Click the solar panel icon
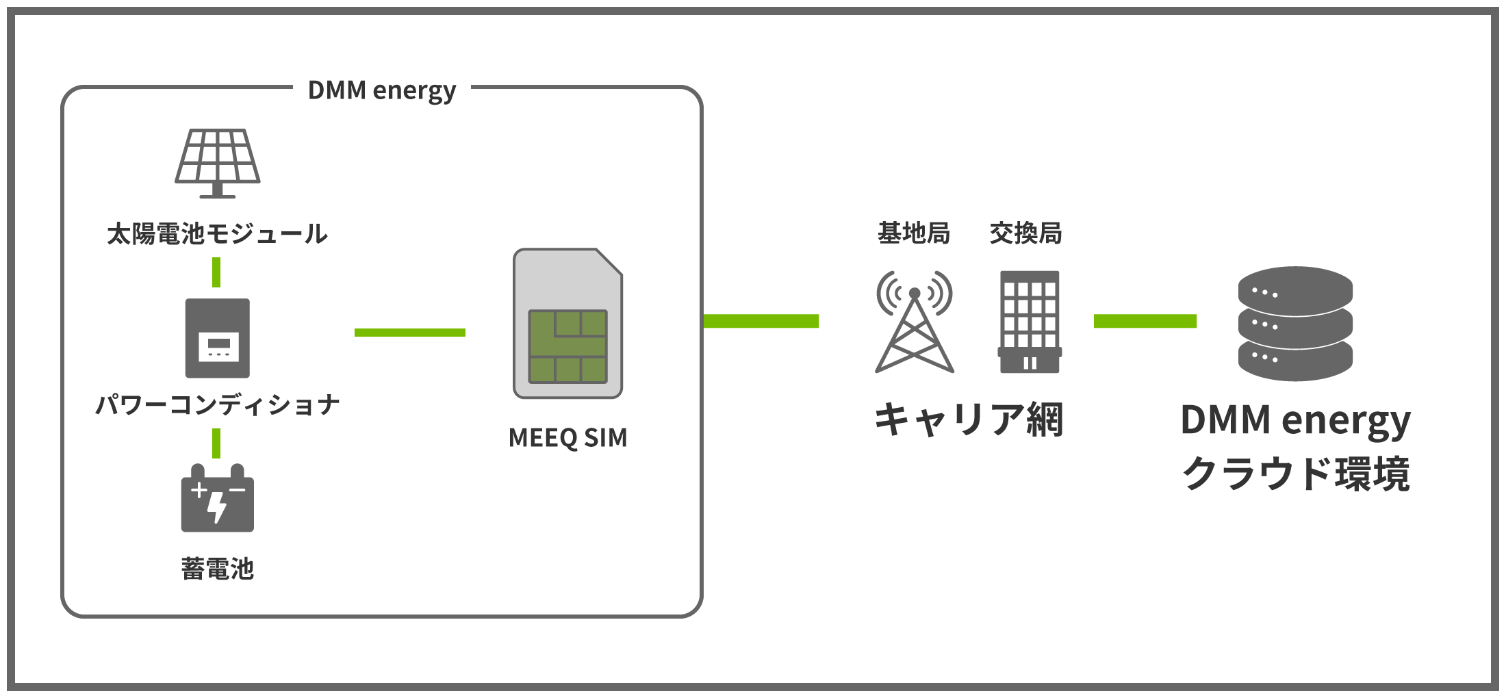pyautogui.click(x=218, y=163)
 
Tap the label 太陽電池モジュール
pyautogui.click(x=218, y=234)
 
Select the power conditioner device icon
pyautogui.click(x=218, y=338)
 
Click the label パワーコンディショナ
pyautogui.click(x=218, y=404)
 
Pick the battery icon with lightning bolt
pyautogui.click(x=218, y=499)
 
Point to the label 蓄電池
pyautogui.click(x=218, y=569)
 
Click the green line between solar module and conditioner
pyautogui.click(x=216, y=272)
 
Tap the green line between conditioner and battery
pyautogui.click(x=216, y=443)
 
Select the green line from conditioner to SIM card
pyautogui.click(x=409, y=333)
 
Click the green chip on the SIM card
pyautogui.click(x=567, y=346)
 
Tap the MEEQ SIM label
pyautogui.click(x=567, y=438)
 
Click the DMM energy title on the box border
pyautogui.click(x=382, y=90)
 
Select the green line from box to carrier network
pyautogui.click(x=761, y=321)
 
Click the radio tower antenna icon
pyautogui.click(x=915, y=322)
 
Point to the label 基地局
pyautogui.click(x=914, y=233)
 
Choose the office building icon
pyautogui.click(x=1030, y=322)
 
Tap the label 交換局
pyautogui.click(x=1025, y=233)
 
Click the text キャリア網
pyautogui.click(x=969, y=419)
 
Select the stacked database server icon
pyautogui.click(x=1295, y=324)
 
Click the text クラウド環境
pyautogui.click(x=1295, y=474)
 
